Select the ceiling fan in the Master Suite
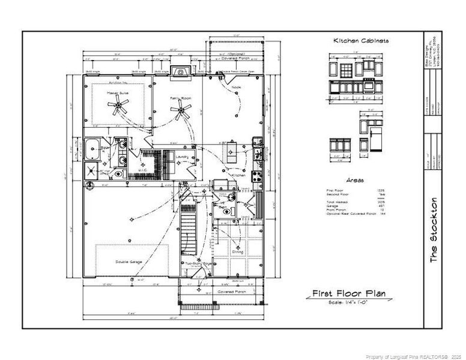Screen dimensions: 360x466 [x=120, y=107]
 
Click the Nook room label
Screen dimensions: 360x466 [x=237, y=88]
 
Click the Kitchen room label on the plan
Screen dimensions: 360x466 [x=247, y=175]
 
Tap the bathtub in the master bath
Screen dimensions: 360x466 [x=92, y=147]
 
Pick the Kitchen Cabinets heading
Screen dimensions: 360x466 [x=361, y=41]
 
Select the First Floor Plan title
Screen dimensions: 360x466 [x=349, y=294]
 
